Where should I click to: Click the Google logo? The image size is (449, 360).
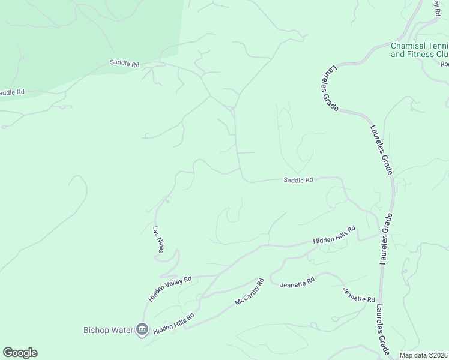20,353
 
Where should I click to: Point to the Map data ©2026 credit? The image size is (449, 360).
424,355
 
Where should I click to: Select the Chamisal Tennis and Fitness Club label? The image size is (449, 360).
420,50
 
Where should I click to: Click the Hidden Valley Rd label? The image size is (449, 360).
170,289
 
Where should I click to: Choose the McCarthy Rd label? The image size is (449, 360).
250,292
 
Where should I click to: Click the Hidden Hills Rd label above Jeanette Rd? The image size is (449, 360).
334,235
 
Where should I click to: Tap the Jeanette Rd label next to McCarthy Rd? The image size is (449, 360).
297,282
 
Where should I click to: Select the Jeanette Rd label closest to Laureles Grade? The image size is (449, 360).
359,295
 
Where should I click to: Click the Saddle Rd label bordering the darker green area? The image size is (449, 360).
124,62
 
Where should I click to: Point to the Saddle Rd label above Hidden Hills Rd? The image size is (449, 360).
298,179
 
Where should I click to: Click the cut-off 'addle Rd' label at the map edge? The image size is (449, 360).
12,92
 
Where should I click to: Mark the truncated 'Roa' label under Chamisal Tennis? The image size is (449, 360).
444,64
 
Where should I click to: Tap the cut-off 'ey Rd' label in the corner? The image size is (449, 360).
436,7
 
